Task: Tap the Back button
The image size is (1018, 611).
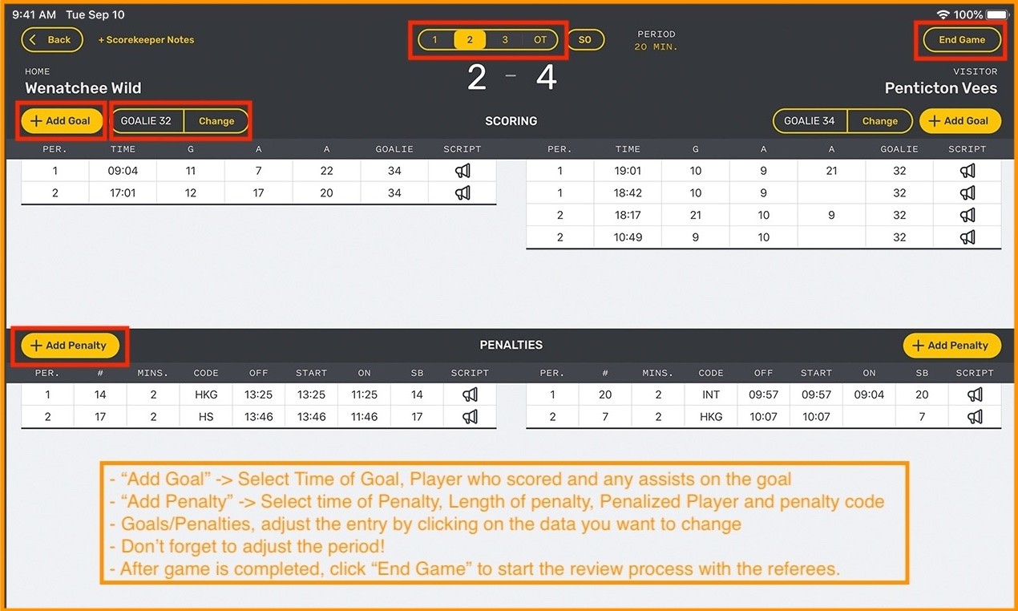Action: [x=52, y=39]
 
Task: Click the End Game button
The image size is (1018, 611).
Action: [x=962, y=39]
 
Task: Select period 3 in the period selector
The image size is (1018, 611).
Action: [x=504, y=39]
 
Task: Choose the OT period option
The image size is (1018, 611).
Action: [x=540, y=39]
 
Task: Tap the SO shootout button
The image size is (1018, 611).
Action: [x=585, y=39]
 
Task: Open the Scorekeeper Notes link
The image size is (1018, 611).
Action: [x=147, y=40]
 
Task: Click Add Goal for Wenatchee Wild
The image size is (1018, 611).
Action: [x=62, y=121]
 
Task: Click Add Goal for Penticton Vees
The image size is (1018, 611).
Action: [x=960, y=121]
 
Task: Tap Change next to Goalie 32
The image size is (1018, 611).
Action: [x=216, y=121]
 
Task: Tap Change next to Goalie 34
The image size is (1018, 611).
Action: [x=880, y=121]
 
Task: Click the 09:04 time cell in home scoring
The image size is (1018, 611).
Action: [x=123, y=171]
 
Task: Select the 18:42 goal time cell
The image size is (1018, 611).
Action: [x=628, y=192]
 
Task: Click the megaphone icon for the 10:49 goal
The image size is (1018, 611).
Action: [x=968, y=237]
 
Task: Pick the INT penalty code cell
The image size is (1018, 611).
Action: [x=711, y=395]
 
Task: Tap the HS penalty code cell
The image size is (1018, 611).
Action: [x=206, y=416]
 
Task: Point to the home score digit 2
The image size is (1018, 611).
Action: [x=477, y=77]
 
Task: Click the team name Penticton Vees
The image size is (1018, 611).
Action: [x=941, y=87]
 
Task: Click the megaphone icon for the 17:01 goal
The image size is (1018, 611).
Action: [x=463, y=192]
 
